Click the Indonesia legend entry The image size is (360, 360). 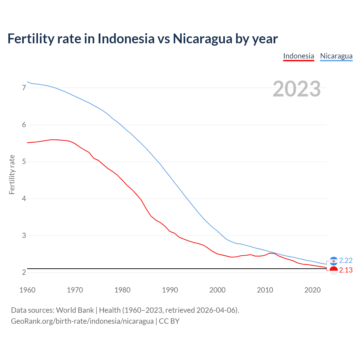click(298, 56)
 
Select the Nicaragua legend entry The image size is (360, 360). click(336, 56)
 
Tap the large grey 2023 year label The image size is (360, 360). click(296, 89)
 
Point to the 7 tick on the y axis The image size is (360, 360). click(24, 88)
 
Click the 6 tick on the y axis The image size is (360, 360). click(24, 125)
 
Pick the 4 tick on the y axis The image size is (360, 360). click(24, 199)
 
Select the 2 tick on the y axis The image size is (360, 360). click(24, 272)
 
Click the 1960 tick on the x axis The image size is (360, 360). click(27, 290)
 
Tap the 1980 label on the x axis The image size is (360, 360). click(122, 290)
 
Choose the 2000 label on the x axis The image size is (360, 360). click(217, 290)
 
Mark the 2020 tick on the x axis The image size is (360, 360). click(312, 290)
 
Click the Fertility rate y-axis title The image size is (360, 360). click(12, 174)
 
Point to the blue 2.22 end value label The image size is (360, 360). click(346, 260)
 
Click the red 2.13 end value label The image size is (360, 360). click(346, 270)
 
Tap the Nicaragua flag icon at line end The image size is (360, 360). click(334, 261)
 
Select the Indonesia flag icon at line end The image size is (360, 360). click(334, 271)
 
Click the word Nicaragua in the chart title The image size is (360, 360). click(202, 39)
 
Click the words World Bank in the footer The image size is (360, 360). click(75, 310)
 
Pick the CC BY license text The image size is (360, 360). click(169, 321)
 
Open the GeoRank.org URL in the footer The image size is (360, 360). click(82, 321)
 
